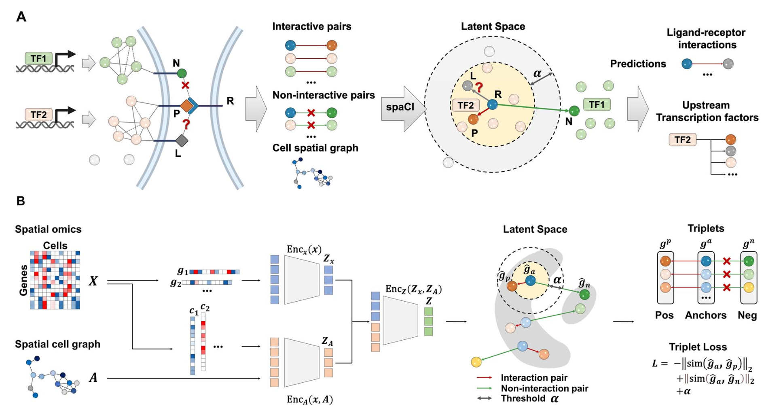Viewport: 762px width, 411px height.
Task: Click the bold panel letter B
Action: [x=21, y=201]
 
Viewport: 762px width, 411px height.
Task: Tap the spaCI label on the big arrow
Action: [x=400, y=107]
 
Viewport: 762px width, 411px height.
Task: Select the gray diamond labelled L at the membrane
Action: [x=182, y=141]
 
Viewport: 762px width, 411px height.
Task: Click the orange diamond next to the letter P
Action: [x=186, y=106]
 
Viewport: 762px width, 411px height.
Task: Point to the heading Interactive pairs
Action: [x=311, y=27]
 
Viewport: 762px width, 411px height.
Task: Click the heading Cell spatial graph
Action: [x=315, y=148]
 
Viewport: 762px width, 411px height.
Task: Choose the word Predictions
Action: [x=638, y=64]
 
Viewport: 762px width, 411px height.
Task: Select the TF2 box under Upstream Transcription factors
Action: [x=682, y=140]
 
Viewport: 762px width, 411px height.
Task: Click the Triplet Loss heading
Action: [x=698, y=347]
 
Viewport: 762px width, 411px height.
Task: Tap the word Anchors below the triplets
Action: [x=705, y=315]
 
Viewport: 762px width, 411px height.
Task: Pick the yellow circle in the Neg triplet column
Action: [x=749, y=287]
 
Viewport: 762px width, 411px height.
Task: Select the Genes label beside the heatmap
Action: [x=23, y=280]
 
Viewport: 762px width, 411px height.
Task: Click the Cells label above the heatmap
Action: [x=55, y=245]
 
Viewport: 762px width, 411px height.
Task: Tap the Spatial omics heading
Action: [x=48, y=229]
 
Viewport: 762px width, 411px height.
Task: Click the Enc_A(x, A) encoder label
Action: [x=309, y=400]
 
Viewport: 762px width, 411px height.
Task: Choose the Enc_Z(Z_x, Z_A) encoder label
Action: [x=413, y=289]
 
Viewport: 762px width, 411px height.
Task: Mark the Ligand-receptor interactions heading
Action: [x=706, y=39]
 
